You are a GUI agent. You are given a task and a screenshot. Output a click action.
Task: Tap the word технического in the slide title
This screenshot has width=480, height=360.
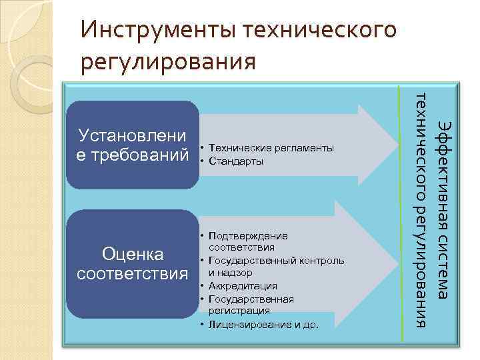pos(321,30)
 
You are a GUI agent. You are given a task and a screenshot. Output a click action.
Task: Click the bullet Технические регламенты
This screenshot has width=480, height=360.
pos(271,148)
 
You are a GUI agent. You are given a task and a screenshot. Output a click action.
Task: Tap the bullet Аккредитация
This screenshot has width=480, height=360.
pos(243,285)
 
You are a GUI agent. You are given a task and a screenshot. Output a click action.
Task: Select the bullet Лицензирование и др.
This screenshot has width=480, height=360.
pos(263,325)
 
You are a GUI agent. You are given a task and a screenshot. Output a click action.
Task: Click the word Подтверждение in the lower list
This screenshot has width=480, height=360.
pos(248,235)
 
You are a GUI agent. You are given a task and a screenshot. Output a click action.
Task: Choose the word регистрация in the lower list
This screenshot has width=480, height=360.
pos(239,310)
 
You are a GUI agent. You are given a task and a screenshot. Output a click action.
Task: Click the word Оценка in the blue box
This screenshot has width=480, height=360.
pos(133,254)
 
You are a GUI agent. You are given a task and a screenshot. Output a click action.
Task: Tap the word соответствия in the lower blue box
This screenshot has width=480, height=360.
pos(133,273)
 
